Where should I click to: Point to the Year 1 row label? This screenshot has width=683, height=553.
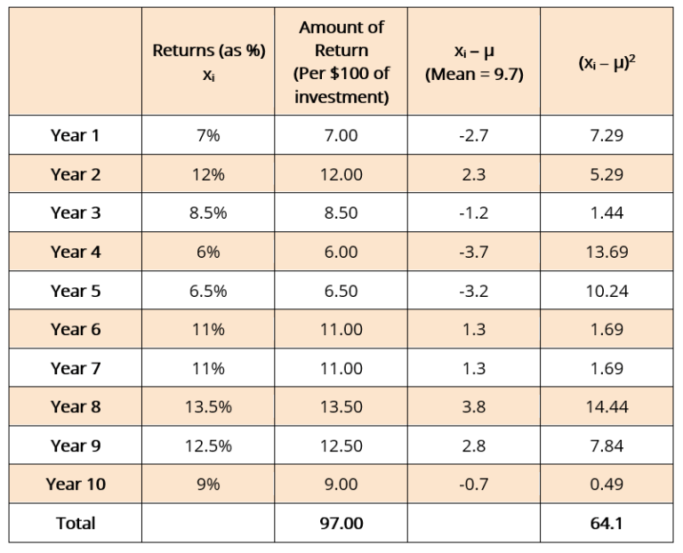click(76, 135)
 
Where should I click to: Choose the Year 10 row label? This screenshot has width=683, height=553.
click(76, 485)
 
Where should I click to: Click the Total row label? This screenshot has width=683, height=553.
click(76, 523)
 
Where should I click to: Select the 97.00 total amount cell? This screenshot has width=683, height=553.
click(341, 523)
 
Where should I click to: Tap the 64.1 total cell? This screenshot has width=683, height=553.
click(607, 523)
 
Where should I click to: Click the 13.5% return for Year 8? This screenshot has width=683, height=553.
click(209, 407)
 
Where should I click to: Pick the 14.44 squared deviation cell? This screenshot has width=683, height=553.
click(607, 407)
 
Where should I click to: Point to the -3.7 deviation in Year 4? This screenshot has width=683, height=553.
click(474, 252)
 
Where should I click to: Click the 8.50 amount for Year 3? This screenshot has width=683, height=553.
click(341, 213)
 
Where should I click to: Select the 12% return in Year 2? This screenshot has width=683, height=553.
click(209, 174)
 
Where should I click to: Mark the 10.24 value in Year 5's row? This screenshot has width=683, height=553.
click(607, 291)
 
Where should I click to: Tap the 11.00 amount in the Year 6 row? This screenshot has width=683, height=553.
click(341, 330)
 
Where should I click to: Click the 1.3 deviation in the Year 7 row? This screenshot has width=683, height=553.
click(474, 368)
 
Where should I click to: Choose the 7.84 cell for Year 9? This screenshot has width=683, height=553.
click(607, 445)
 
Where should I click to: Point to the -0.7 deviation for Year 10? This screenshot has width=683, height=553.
click(474, 485)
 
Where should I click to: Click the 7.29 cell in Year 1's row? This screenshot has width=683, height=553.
click(607, 135)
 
